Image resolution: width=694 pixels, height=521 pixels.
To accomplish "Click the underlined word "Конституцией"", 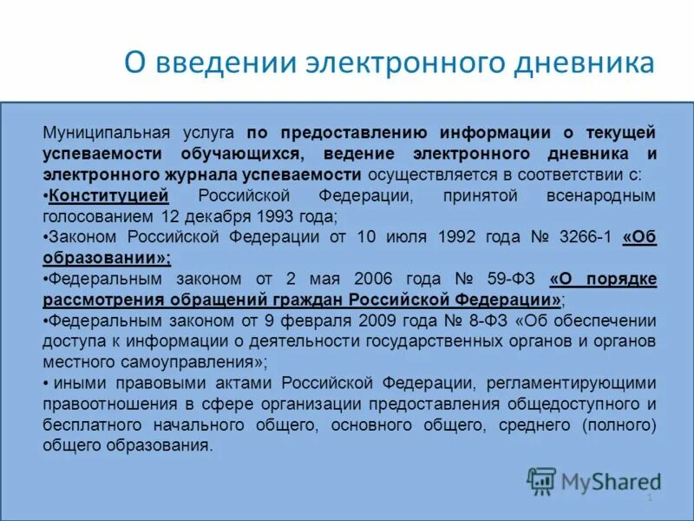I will point(108,195).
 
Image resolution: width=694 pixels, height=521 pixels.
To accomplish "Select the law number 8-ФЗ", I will point(483,320).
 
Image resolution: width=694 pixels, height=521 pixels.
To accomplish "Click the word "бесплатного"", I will point(94,425).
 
